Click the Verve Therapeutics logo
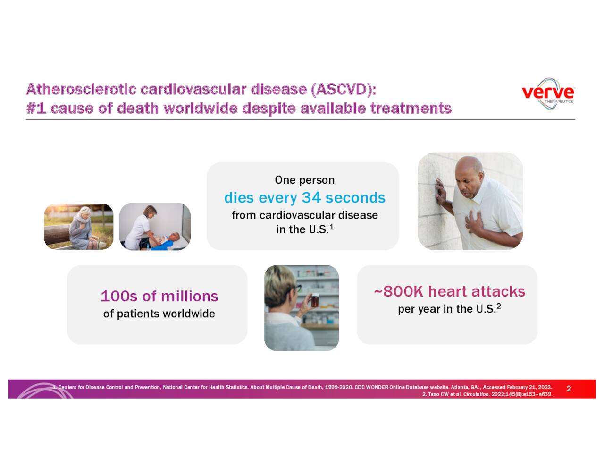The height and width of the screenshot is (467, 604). pos(548,93)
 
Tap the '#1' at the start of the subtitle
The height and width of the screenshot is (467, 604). pos(36,109)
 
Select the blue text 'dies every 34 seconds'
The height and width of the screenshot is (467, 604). pos(304,197)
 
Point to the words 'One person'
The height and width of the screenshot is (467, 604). pos(304,180)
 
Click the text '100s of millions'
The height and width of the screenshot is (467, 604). pos(159,296)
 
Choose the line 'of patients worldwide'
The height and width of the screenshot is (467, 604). pos(159,314)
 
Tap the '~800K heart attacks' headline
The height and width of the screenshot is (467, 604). pos(449,291)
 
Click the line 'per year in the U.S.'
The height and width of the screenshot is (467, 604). pos(446,309)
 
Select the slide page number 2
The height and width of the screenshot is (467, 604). pos(569,389)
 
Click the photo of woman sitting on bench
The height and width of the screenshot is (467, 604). pos(79,227)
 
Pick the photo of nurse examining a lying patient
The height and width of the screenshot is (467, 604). pos(155,227)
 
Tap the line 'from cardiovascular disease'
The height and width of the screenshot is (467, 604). pos(304,215)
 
